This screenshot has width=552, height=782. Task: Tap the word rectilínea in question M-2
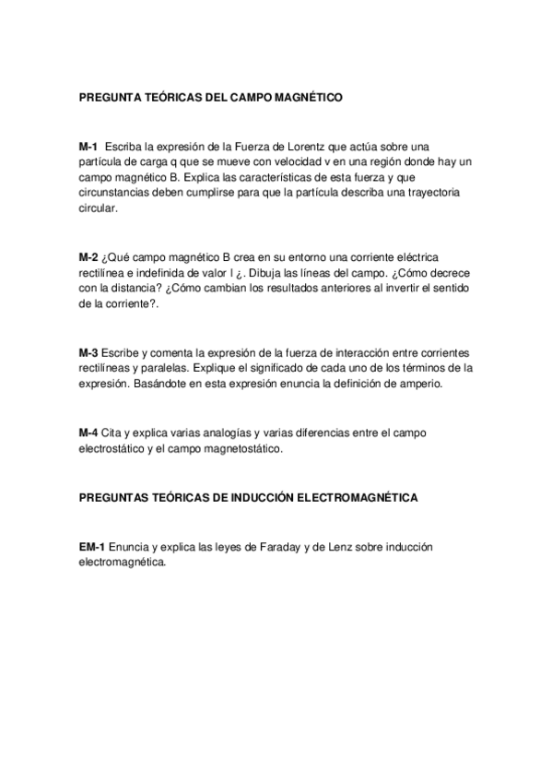coord(105,272)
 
